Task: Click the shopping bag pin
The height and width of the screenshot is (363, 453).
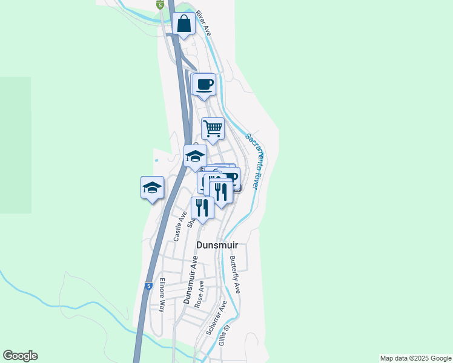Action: [x=184, y=25]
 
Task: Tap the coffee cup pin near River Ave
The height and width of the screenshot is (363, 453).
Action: [x=205, y=85]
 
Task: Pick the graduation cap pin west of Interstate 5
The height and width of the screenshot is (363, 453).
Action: [x=152, y=188]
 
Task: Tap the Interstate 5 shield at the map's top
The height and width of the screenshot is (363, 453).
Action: [x=160, y=4]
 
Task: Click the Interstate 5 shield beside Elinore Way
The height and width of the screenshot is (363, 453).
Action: [x=148, y=286]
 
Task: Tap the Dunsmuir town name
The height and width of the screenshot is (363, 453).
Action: [x=217, y=246]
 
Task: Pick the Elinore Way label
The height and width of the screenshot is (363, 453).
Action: [x=162, y=295]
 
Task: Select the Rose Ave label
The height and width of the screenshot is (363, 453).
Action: [x=199, y=294]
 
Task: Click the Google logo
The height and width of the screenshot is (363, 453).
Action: [x=20, y=356]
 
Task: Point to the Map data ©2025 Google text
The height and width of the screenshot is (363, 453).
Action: [x=415, y=358]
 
